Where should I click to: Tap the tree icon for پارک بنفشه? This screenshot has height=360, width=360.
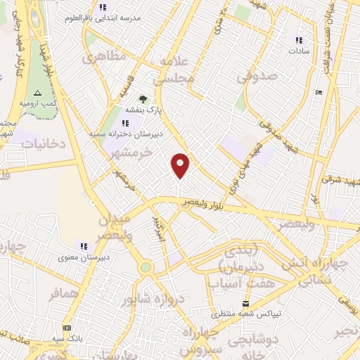coord(143,99)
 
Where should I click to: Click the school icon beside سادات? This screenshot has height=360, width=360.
coord(299,41)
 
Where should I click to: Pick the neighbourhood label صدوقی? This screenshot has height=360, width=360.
coord(252,78)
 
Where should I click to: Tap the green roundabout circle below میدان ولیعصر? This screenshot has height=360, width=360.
coord(146,267)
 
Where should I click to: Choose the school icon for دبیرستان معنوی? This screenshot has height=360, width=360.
coord(84,246)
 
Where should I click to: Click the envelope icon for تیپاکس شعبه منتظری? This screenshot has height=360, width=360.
coord(245,303)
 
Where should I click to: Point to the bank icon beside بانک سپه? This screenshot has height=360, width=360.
coord(67,328)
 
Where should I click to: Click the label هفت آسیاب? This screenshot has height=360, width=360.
coord(235,283)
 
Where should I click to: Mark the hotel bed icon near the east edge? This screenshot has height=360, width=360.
coord(319,92)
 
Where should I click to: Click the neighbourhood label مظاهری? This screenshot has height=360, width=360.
coord(103,58)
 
